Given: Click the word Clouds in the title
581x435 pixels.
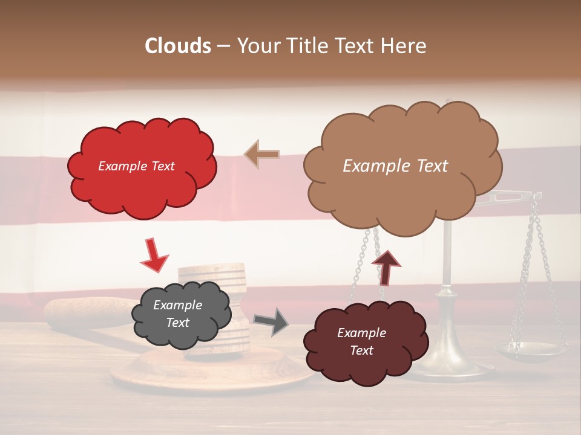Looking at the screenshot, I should coord(178,46).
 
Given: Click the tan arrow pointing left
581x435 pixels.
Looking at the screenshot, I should coord(261,154).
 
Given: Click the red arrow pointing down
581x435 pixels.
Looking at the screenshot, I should coord(154,255).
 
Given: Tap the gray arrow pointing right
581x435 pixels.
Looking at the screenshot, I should coord(271,321).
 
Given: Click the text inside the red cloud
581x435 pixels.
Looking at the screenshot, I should coord(136,166).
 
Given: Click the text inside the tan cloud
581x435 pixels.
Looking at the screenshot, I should coord(395,166).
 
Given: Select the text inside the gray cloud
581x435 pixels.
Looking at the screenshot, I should coord(177,314).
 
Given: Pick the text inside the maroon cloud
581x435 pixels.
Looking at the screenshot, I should coord(361,341).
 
